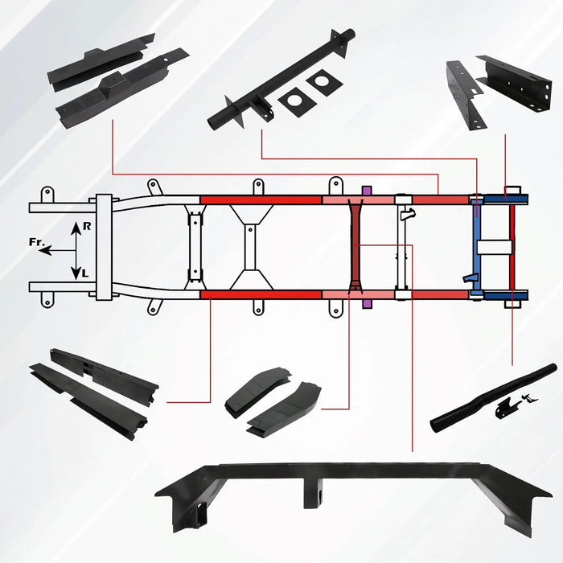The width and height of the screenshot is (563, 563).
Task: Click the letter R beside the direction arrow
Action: [x=87, y=226]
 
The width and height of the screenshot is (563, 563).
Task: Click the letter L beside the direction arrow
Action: [x=84, y=273]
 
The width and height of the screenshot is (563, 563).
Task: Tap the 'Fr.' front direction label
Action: [x=36, y=242]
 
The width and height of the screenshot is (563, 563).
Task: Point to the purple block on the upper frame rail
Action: [x=366, y=191]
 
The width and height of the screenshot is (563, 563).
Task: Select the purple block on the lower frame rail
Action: [x=366, y=304]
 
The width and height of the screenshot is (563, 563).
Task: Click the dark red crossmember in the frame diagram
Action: [x=355, y=246]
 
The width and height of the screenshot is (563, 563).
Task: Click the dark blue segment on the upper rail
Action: [x=506, y=199]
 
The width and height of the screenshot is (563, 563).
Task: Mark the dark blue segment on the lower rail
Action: [x=506, y=296]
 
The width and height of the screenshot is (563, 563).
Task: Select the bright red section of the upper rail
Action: [x=261, y=200]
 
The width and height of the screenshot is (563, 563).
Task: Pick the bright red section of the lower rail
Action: [x=261, y=295]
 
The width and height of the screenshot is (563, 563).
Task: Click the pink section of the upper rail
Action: [x=359, y=200]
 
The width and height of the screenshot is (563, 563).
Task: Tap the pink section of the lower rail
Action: [x=359, y=295]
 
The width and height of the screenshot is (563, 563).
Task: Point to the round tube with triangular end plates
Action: [x=281, y=80]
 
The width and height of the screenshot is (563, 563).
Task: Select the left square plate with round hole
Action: [x=297, y=102]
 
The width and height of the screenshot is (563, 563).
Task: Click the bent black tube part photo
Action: [x=493, y=399]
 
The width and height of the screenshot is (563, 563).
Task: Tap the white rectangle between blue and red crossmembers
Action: [x=494, y=247]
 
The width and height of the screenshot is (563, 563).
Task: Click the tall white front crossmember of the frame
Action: [x=104, y=248]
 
